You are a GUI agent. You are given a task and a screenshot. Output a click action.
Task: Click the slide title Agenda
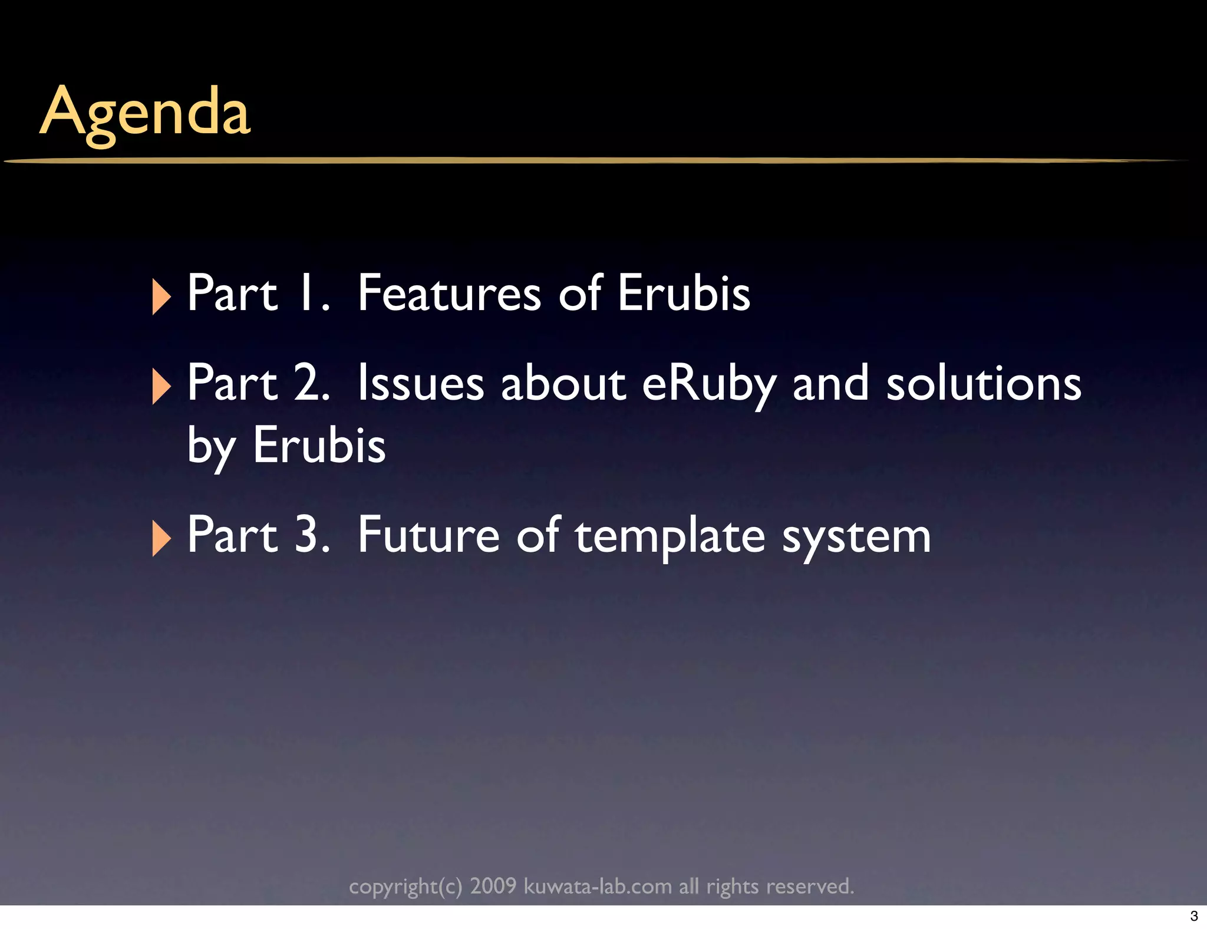pos(145,112)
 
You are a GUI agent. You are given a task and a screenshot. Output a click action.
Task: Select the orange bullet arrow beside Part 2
pos(160,387)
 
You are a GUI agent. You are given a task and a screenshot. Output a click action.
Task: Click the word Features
pos(449,293)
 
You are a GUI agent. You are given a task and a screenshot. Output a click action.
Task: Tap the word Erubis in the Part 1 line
pos(684,293)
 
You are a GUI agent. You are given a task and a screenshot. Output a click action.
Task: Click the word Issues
pos(421,384)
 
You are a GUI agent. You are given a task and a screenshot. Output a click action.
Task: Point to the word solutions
pos(984,384)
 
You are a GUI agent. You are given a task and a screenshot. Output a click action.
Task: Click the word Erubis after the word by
pos(319,445)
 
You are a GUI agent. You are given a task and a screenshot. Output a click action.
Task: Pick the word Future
pos(428,536)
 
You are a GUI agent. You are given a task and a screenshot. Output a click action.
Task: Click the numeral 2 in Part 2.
pos(309,384)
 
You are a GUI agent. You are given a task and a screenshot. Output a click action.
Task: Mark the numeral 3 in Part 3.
pos(309,536)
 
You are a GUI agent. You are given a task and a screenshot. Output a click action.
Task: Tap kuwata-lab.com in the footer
pos(598,886)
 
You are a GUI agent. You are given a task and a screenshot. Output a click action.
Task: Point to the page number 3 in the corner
pos(1194,916)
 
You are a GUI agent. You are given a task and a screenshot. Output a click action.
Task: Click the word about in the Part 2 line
pos(563,384)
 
